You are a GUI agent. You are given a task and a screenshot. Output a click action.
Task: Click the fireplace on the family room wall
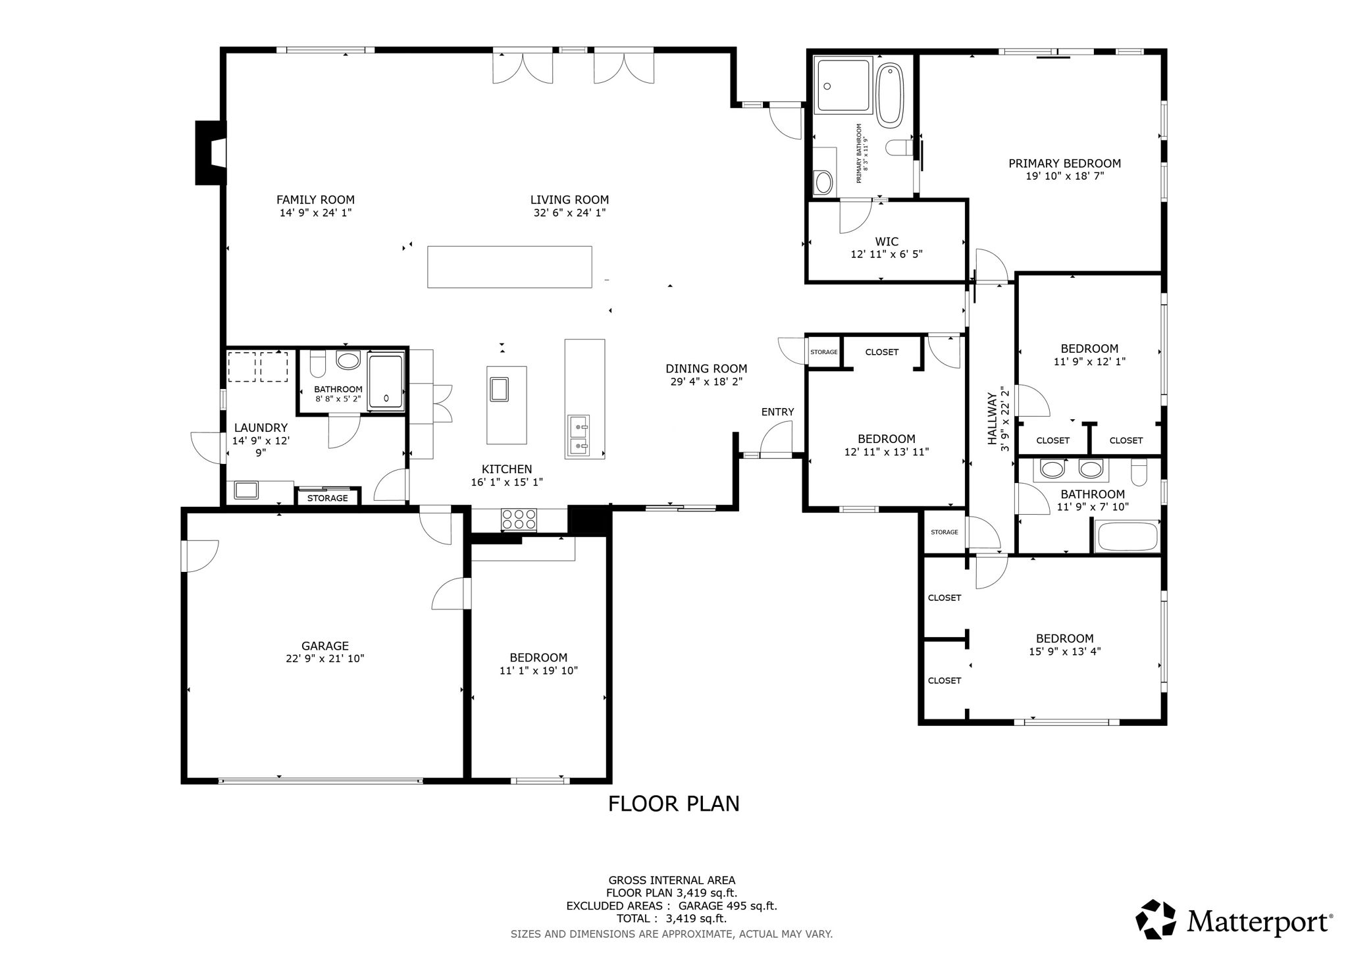coord(211,153)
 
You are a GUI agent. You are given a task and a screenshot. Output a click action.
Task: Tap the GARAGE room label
coord(325,646)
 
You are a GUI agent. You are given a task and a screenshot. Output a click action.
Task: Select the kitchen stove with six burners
coord(519,519)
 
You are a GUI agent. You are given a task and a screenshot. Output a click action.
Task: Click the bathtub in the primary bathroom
coord(890,95)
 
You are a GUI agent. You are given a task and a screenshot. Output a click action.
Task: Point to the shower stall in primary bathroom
coord(843,85)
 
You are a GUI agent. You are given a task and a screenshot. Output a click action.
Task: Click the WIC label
coord(887,242)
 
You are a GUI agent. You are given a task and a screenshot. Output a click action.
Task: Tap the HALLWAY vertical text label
coord(993,419)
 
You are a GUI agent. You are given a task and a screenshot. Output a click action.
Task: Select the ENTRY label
coord(777,412)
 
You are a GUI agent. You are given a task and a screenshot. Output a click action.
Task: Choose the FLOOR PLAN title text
coord(673,804)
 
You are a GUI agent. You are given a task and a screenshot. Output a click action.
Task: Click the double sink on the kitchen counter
coord(579,436)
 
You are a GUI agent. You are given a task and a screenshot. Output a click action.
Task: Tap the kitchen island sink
coord(499,389)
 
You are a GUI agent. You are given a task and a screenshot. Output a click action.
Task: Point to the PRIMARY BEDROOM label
coord(1064,163)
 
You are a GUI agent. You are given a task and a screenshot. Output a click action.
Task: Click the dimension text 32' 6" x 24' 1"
coord(569,213)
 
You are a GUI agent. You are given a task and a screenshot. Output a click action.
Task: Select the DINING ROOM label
coord(706,369)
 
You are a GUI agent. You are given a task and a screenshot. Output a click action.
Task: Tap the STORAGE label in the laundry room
coord(327,498)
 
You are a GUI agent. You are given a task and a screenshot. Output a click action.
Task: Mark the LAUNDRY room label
coord(261,428)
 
